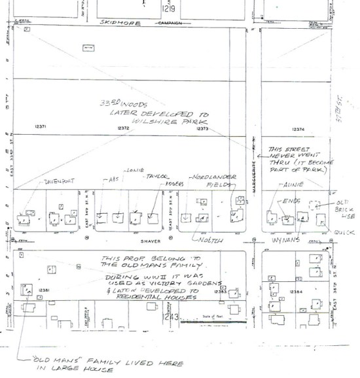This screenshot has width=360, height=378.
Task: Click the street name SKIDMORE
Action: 116,22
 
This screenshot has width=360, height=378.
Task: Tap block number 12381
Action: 45,290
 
